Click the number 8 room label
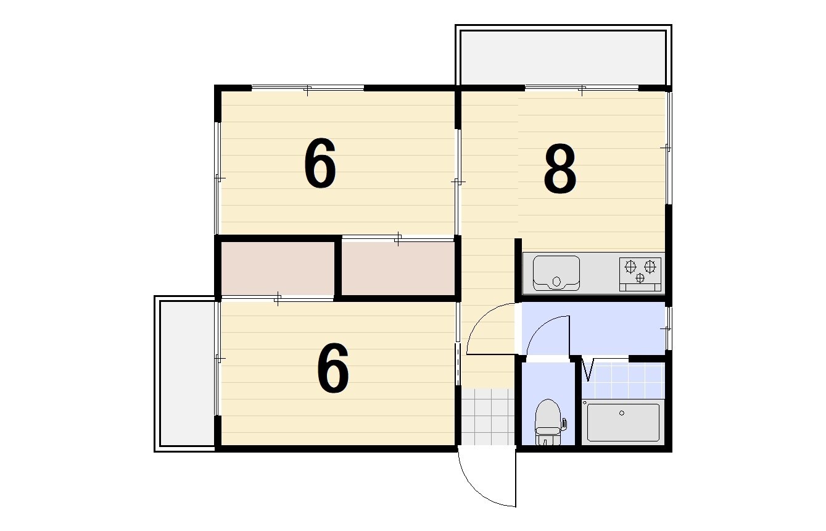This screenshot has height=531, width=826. pyautogui.click(x=560, y=169)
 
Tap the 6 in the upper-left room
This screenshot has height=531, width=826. pyautogui.click(x=320, y=163)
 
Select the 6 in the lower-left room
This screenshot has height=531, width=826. pyautogui.click(x=333, y=368)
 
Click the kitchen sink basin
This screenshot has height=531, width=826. pyautogui.click(x=556, y=273)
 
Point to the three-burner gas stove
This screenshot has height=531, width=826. pyautogui.click(x=640, y=275)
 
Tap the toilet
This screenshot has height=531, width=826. pyautogui.click(x=548, y=422)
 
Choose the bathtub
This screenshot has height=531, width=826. pyautogui.click(x=623, y=422)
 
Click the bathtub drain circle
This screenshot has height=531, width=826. pyautogui.click(x=622, y=413)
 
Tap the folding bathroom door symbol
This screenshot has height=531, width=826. pyautogui.click(x=589, y=369)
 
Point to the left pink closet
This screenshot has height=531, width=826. pyautogui.click(x=278, y=269)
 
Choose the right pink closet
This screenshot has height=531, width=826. pyautogui.click(x=398, y=269)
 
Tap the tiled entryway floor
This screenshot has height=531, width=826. pyautogui.click(x=488, y=417)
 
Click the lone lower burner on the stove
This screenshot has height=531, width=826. pyautogui.click(x=640, y=278)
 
